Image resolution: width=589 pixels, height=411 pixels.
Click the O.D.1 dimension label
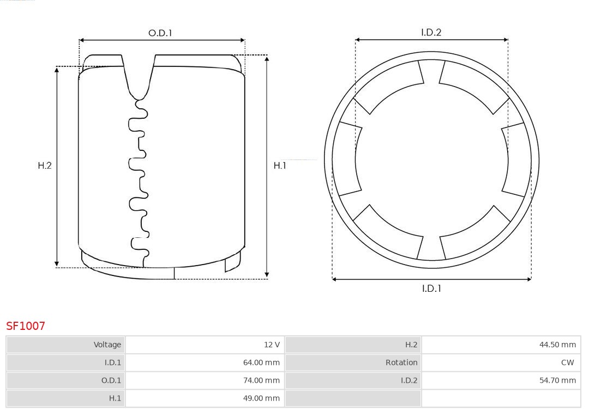160,33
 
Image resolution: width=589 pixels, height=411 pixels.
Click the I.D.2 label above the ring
431,33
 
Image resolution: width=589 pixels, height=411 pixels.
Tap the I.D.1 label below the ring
431,289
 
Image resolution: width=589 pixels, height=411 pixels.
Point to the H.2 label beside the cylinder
45,165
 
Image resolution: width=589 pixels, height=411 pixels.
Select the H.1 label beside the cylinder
280,165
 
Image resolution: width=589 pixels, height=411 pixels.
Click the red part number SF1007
26,326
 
